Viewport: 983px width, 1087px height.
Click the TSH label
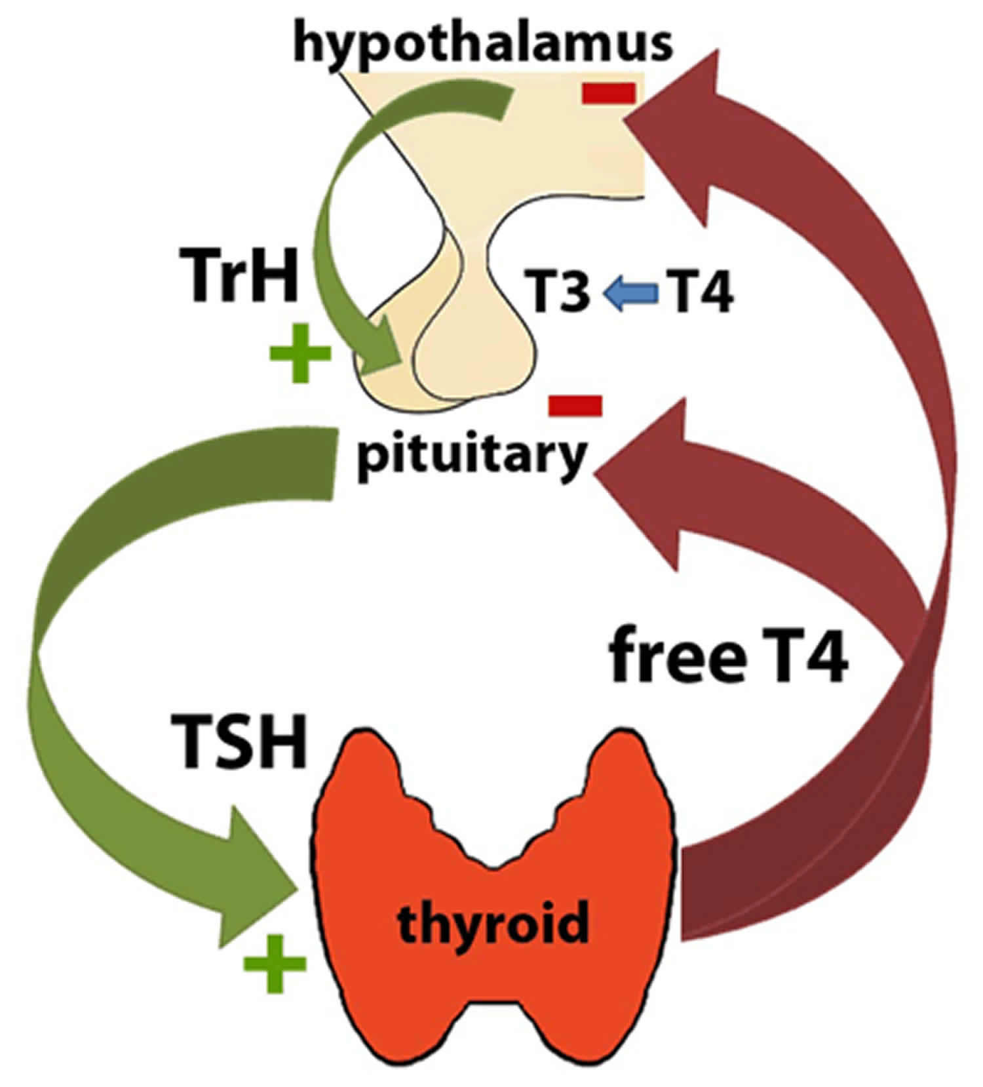click(239, 742)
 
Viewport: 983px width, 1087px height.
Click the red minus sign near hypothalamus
click(608, 93)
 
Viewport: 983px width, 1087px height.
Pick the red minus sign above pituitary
click(575, 405)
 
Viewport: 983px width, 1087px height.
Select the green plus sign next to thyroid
click(275, 963)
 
